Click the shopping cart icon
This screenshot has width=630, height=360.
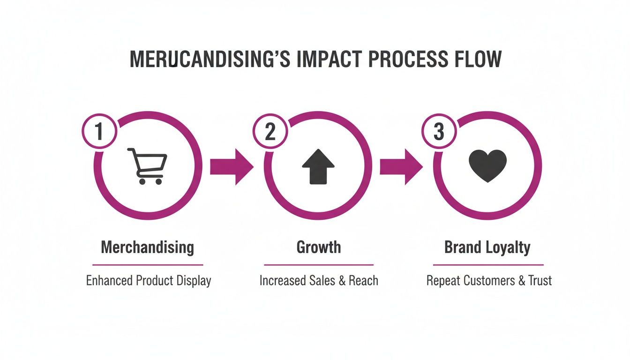147,166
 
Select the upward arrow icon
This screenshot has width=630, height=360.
318,166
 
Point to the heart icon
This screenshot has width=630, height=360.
488,166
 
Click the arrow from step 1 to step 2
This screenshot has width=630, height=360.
232,166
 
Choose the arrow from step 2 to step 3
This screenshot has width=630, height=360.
401,166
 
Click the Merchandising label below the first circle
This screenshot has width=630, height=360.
148,247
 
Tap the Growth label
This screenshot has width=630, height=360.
319,247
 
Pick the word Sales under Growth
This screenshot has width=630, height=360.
323,281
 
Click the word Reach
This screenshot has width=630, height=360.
364,281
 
